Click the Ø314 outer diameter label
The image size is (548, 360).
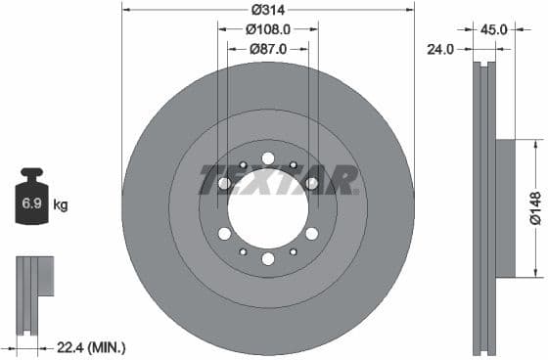tap(268, 10)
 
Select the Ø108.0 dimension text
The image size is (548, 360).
tap(268, 29)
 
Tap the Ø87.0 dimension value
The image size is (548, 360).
tap(268, 48)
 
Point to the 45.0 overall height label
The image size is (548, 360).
tap(494, 29)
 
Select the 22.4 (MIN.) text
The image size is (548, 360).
tap(91, 346)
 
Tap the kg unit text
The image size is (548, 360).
tap(61, 205)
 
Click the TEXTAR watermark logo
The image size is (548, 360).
tap(278, 180)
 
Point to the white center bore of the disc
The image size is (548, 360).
tap(268, 208)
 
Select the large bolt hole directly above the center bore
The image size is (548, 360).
tap(268, 158)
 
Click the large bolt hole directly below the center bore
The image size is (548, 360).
tap(268, 258)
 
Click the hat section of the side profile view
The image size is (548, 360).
tap(504, 208)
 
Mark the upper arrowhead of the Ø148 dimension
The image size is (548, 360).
tap(534, 143)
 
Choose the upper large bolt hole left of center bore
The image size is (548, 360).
tap(224, 183)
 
